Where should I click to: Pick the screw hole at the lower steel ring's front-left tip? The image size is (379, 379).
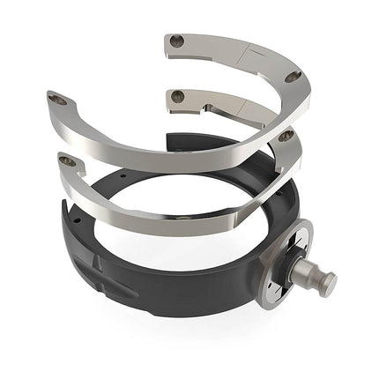click(x=65, y=160)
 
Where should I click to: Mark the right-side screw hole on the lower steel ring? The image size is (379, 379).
click(x=285, y=137)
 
